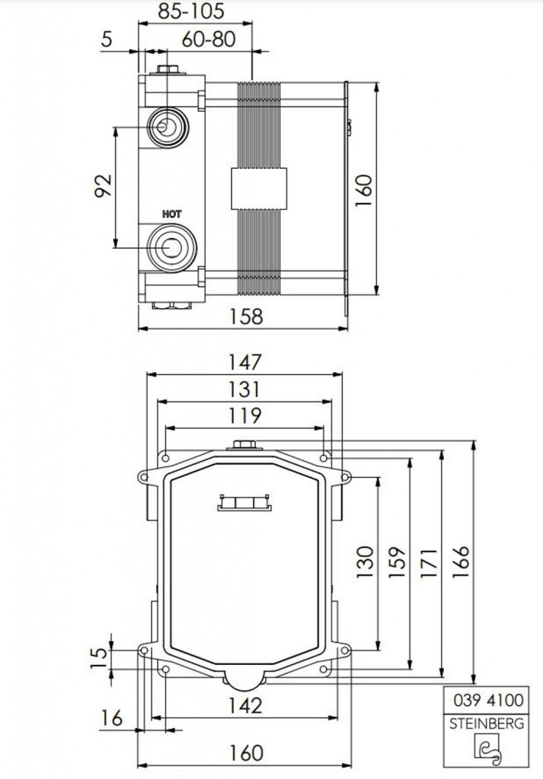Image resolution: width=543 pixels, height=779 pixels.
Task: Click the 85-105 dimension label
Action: [191, 11]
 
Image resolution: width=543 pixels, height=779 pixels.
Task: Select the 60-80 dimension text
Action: [209, 39]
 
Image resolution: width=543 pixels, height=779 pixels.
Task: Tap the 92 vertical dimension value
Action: [104, 186]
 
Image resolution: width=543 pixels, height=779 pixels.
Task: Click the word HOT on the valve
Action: [172, 215]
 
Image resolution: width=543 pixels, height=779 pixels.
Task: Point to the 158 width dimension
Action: [245, 316]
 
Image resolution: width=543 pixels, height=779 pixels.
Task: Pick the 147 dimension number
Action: [244, 361]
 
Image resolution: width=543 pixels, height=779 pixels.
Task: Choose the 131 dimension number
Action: [244, 389]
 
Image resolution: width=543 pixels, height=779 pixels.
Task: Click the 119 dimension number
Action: [244, 415]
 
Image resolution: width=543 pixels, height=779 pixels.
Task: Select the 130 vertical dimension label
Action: [366, 561]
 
